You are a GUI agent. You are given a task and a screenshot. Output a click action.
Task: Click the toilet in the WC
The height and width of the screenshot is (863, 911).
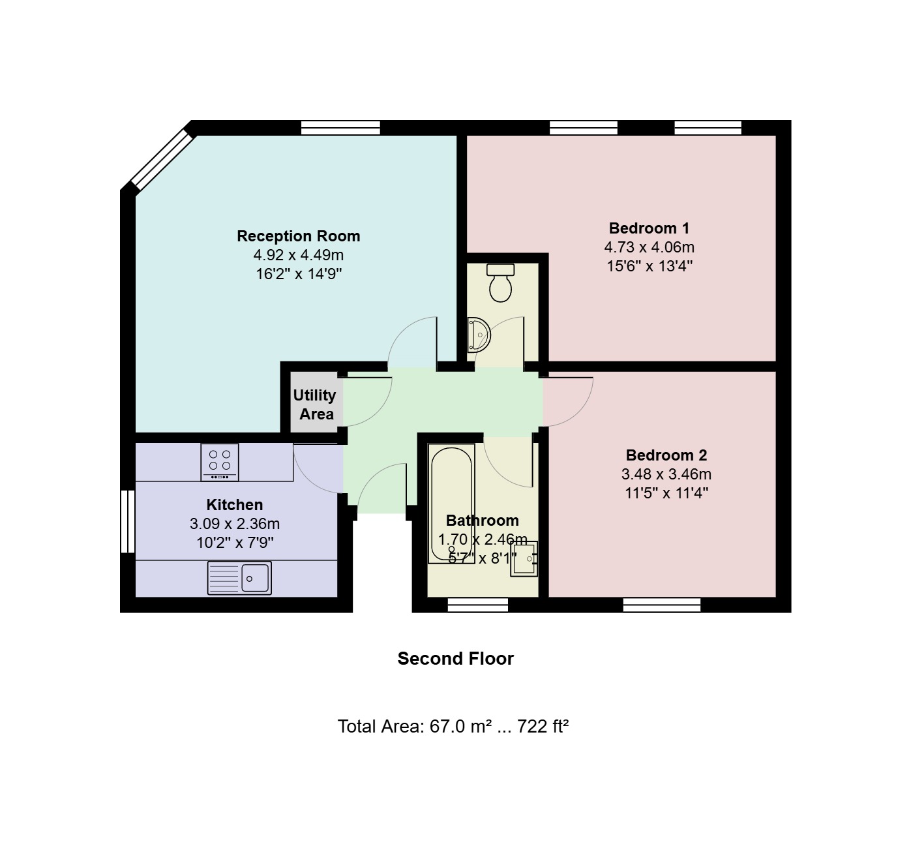click(500, 282)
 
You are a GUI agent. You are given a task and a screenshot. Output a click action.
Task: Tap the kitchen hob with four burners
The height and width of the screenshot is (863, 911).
click(220, 462)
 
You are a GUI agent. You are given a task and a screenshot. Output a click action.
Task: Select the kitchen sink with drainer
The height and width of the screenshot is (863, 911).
click(239, 577)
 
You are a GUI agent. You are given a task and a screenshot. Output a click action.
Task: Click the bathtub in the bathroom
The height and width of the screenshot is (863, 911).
click(451, 504)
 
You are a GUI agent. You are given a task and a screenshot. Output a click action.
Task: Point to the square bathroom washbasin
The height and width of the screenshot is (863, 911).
click(524, 558)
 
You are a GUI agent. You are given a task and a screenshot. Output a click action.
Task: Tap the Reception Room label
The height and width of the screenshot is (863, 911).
click(299, 236)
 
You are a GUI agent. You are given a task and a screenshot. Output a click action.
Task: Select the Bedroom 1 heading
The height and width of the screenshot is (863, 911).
click(649, 228)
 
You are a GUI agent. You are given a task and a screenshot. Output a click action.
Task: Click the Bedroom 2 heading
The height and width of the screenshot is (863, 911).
click(666, 455)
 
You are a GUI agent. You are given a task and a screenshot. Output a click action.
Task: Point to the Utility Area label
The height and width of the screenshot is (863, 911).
click(314, 404)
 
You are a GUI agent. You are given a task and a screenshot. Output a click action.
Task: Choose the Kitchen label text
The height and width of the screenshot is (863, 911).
click(235, 504)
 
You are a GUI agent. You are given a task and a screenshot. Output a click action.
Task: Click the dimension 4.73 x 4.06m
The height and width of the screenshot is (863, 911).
click(649, 247)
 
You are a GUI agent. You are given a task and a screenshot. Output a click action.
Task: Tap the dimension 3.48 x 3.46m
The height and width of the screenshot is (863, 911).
click(666, 474)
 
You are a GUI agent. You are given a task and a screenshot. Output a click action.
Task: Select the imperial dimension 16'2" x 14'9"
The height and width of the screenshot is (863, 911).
click(299, 274)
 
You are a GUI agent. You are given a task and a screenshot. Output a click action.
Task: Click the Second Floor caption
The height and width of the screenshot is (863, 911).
click(455, 659)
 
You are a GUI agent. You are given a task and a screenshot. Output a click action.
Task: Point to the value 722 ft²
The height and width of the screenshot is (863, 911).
click(543, 726)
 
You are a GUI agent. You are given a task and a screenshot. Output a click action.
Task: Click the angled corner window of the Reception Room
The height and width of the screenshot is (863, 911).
click(162, 160)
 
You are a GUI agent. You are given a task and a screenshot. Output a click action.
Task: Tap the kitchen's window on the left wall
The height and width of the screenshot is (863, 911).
click(127, 521)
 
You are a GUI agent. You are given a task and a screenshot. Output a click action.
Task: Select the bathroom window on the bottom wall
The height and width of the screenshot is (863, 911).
click(478, 605)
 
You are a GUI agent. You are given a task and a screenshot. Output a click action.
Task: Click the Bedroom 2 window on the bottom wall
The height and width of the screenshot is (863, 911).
click(662, 605)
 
